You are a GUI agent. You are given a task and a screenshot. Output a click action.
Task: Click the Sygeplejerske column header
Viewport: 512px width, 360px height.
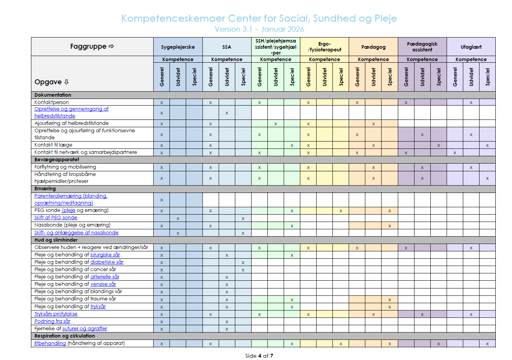[178, 47]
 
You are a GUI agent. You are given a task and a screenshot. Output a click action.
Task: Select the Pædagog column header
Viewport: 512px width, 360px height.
[373, 47]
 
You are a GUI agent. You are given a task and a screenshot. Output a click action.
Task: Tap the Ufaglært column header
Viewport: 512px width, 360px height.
[471, 47]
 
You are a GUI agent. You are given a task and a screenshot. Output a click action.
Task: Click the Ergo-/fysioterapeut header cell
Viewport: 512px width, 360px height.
[324, 47]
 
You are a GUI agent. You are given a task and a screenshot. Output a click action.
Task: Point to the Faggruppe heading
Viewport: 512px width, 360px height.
[92, 46]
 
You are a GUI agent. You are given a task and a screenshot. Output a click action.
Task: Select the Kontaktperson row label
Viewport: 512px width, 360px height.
[51, 102]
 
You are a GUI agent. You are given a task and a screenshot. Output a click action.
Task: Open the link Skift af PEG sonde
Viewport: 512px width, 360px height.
[56, 218]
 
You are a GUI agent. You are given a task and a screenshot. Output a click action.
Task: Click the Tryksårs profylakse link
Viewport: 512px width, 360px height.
[56, 314]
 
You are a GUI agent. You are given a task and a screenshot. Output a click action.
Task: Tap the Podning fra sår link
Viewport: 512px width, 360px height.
[52, 321]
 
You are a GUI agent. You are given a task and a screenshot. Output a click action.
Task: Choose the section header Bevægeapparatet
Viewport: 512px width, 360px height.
[57, 160]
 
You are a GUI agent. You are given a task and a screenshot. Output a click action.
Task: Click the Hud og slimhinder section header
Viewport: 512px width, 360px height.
[56, 240]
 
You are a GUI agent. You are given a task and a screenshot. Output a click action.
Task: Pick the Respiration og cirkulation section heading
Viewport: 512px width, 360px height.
[64, 336]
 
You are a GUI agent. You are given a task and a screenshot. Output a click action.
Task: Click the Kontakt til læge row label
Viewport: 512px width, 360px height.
[53, 145]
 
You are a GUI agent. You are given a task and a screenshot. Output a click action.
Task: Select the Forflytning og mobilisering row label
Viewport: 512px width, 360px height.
[65, 167]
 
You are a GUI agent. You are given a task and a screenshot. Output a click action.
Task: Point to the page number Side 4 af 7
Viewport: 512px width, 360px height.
[259, 356]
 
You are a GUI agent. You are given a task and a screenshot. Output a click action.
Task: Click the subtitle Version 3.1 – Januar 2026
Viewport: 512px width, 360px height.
[259, 29]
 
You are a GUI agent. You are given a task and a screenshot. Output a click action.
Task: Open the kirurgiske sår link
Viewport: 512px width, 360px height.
[105, 255]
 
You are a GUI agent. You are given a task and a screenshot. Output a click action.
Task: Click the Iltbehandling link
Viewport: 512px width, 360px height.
[50, 343]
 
